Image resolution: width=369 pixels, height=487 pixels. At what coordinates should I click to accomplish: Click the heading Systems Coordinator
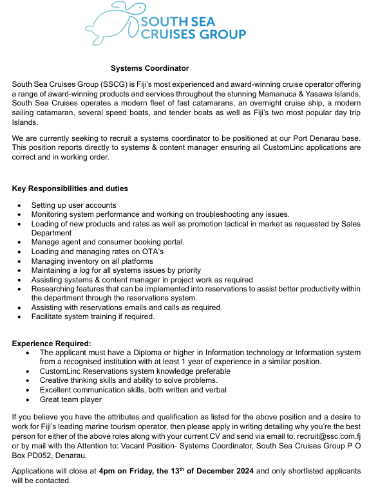coord(149,68)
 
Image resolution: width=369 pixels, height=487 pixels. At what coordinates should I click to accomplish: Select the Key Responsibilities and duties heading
coord(70,188)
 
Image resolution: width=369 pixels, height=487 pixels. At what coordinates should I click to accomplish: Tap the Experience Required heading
coord(52,344)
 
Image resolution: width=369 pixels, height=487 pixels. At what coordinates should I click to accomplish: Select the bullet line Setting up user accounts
coord(73,205)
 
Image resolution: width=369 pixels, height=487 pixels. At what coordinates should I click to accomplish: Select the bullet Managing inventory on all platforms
coord(91,261)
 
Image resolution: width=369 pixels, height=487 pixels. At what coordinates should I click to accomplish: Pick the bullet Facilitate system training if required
coord(93,317)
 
